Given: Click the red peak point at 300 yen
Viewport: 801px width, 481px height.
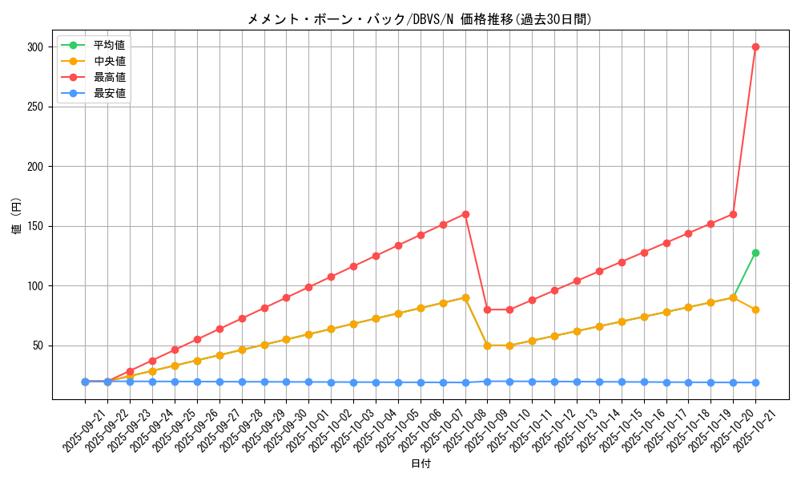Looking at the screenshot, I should (x=755, y=46).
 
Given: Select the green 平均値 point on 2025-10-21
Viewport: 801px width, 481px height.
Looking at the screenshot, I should (x=755, y=253).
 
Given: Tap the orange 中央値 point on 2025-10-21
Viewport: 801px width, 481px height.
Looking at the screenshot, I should (x=755, y=309).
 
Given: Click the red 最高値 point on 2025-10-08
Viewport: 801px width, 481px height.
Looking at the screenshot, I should (x=465, y=214).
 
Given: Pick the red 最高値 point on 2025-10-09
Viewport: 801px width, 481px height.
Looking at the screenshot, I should (x=487, y=309).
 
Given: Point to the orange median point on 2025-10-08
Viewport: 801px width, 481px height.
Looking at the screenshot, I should (x=465, y=297).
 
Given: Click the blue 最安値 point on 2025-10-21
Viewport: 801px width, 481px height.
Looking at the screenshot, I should (x=755, y=382).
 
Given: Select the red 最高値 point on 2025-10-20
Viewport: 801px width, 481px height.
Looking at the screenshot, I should (x=733, y=214).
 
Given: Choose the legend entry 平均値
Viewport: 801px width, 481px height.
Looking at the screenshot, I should (x=109, y=45).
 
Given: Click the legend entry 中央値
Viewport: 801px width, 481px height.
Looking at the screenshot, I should (x=109, y=61).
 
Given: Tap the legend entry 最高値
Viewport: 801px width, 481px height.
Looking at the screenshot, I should (x=109, y=77).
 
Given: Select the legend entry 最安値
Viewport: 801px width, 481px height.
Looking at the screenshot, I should (x=109, y=93).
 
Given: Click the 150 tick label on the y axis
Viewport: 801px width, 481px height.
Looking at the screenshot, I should (x=34, y=226).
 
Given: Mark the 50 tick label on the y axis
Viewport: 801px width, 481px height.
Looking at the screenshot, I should (x=38, y=346).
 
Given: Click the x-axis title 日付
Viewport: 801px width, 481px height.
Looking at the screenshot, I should (x=421, y=464).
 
